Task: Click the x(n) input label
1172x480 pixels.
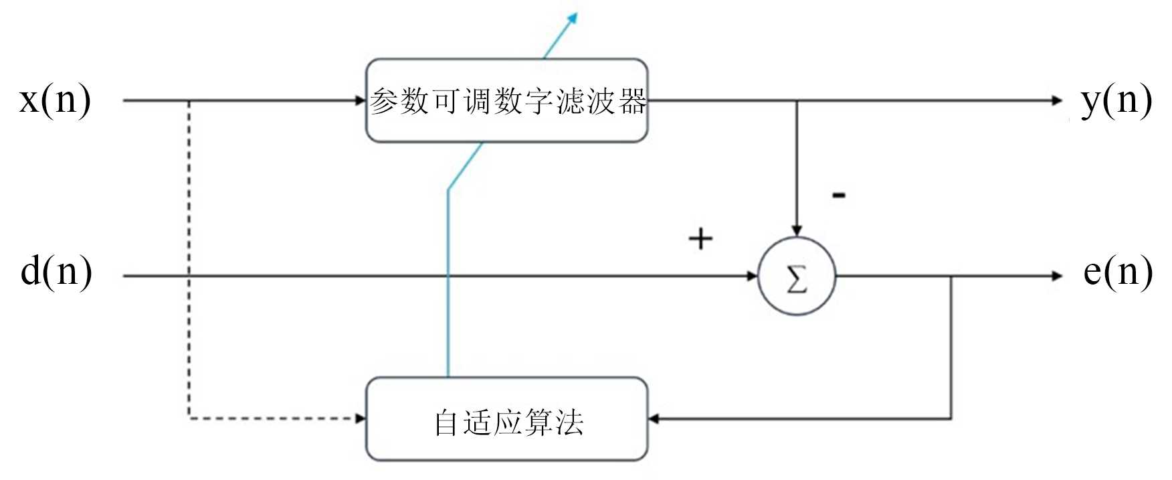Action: pyautogui.click(x=55, y=100)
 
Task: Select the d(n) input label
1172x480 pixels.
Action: pyautogui.click(x=56, y=272)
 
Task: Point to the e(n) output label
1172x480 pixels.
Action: pyautogui.click(x=1118, y=272)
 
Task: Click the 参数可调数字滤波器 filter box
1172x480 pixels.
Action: pyautogui.click(x=506, y=100)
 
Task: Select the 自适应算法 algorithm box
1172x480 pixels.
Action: pyautogui.click(x=506, y=420)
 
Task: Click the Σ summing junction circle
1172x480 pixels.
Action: pyautogui.click(x=796, y=276)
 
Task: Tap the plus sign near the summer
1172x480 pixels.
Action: pyautogui.click(x=700, y=239)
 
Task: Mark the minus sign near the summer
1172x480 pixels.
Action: pyautogui.click(x=838, y=195)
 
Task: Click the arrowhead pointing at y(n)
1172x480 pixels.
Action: pyautogui.click(x=1057, y=101)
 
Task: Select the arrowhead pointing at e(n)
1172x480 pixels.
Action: pyautogui.click(x=1057, y=276)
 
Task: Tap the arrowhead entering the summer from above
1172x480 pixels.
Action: pyautogui.click(x=796, y=230)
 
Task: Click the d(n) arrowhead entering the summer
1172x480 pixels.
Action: pyautogui.click(x=752, y=276)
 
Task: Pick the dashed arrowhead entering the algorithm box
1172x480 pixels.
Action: pyautogui.click(x=361, y=419)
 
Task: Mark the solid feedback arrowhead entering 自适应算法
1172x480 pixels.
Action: pyautogui.click(x=654, y=419)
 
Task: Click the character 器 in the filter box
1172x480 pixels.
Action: pyautogui.click(x=632, y=102)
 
